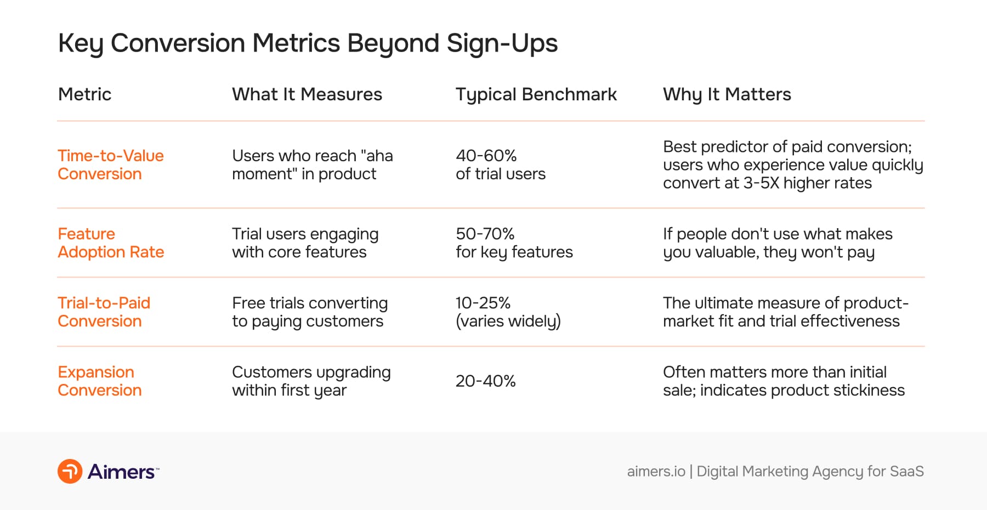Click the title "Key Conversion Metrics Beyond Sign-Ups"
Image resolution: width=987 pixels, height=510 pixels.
point(308,43)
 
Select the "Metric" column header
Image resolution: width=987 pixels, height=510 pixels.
point(84,94)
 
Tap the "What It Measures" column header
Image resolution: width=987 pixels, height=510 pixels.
point(307,94)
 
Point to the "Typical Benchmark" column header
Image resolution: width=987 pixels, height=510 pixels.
point(536,94)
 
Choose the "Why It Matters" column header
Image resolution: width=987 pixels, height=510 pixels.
point(727,94)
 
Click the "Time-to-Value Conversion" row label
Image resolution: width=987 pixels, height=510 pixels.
point(110,165)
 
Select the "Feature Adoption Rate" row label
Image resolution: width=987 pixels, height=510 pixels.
point(110,243)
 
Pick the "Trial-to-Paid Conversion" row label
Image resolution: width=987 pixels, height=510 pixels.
point(104,312)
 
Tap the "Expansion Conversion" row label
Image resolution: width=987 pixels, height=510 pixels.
point(99,381)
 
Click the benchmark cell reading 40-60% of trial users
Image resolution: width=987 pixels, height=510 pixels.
point(500,165)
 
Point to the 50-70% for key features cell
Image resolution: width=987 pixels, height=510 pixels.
point(514,243)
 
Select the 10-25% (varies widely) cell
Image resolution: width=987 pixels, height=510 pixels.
point(508,312)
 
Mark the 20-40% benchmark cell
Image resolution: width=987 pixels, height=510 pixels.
point(485,381)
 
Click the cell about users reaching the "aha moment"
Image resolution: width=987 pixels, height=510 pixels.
point(312,165)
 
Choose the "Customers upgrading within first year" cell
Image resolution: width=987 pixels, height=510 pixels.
point(311,381)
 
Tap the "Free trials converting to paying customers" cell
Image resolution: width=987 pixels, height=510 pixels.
point(309,312)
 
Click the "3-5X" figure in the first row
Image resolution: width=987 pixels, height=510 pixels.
point(761,183)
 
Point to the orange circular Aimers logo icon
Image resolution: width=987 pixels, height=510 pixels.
point(70,471)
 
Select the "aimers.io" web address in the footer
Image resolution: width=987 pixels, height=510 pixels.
point(656,472)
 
